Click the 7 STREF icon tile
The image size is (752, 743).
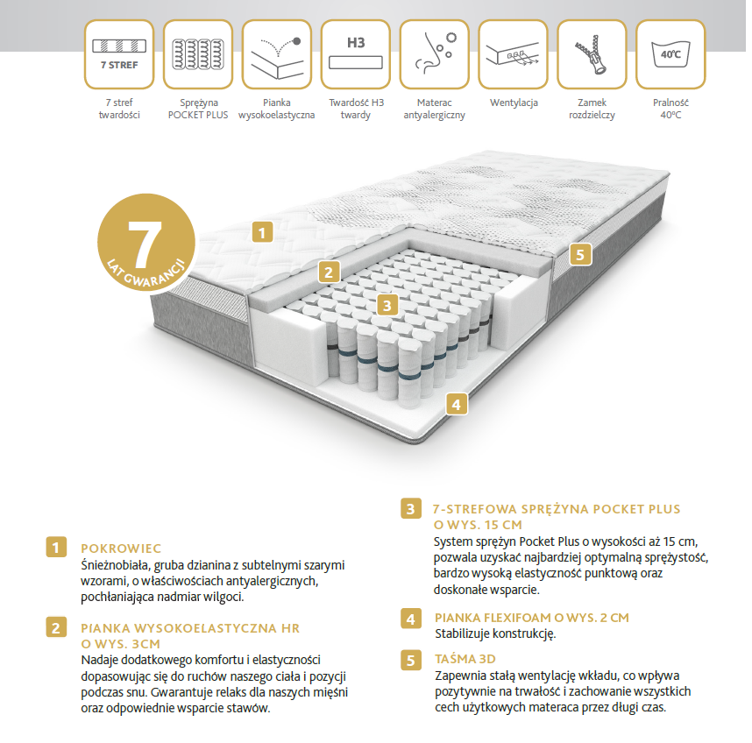click(119, 54)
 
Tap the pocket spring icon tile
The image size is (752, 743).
click(197, 54)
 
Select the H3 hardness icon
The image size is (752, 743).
click(355, 54)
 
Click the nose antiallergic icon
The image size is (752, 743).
click(434, 54)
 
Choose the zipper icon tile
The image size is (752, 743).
click(592, 54)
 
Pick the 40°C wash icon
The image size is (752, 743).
click(670, 54)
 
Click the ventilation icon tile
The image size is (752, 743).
click(513, 54)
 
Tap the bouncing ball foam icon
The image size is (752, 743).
click(277, 54)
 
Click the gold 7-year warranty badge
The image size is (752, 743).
click(146, 242)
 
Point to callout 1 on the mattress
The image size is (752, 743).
click(262, 232)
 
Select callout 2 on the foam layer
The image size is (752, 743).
click(329, 272)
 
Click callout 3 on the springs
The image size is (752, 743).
click(387, 305)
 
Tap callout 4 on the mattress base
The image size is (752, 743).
click(456, 404)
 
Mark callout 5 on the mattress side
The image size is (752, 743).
click(580, 254)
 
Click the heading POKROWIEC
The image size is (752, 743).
click(121, 548)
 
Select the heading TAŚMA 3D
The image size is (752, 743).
click(465, 659)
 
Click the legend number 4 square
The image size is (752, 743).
click(411, 619)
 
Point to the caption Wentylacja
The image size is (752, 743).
click(514, 103)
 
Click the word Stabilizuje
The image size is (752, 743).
click(462, 633)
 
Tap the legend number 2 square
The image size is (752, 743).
click(56, 627)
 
